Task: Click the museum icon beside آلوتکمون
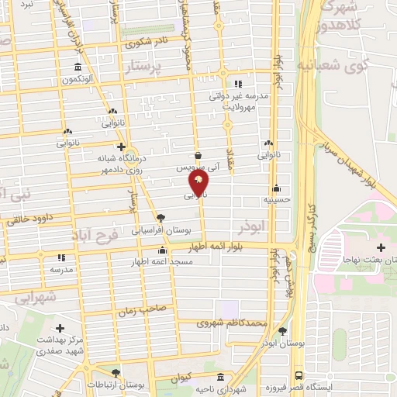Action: pyautogui.click(x=78, y=67)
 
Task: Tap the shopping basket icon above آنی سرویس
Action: pyautogui.click(x=198, y=154)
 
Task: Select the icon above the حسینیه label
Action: pyautogui.click(x=277, y=188)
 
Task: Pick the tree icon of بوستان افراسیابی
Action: pyautogui.click(x=160, y=218)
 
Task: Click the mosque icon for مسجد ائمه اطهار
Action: pyautogui.click(x=161, y=250)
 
